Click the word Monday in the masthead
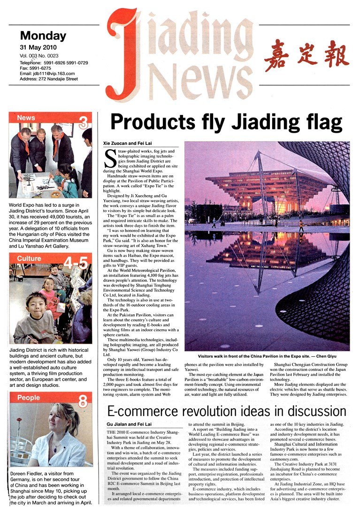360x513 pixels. tap(43, 36)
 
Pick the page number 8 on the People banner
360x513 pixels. tap(82, 401)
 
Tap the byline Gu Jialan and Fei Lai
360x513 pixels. tap(129, 425)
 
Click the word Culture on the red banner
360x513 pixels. tap(30, 259)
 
